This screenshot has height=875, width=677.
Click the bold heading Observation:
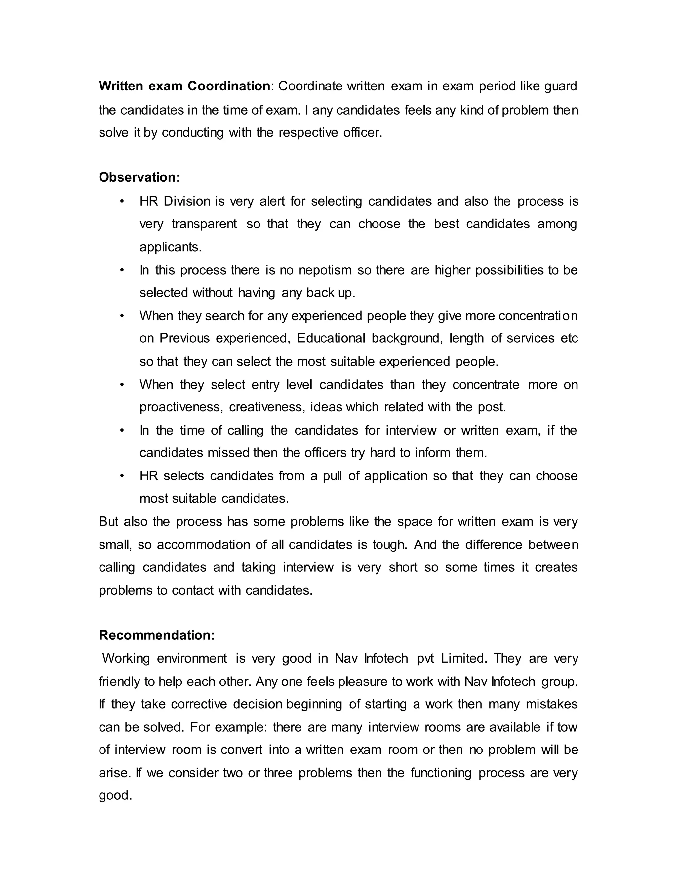(x=139, y=177)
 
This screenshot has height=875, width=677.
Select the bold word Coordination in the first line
(x=229, y=86)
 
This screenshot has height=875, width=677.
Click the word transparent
(x=204, y=224)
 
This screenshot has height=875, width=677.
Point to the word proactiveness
(x=180, y=407)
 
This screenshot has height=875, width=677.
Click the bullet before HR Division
(x=122, y=201)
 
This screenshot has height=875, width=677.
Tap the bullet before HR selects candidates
(x=122, y=476)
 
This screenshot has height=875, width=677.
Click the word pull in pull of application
(x=332, y=476)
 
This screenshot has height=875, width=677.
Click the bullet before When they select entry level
(x=122, y=385)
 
